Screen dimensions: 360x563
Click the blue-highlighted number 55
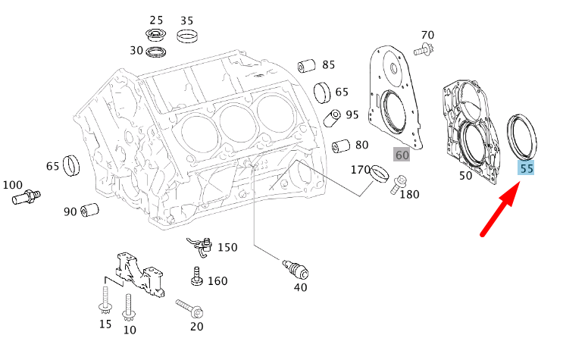tap(526, 168)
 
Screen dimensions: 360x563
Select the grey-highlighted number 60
tap(402, 155)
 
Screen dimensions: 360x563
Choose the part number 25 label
tap(156, 20)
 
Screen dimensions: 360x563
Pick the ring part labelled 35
tap(186, 35)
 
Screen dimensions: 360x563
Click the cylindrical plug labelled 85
tap(305, 65)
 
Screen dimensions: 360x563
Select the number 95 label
tap(352, 115)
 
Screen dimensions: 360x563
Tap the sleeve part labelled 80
tap(340, 145)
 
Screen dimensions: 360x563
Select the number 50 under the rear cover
tap(465, 176)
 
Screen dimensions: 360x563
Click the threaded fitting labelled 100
tap(26, 198)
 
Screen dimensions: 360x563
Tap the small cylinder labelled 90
tap(91, 209)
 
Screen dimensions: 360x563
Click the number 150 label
tap(227, 247)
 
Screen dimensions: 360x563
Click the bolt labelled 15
tap(105, 303)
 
